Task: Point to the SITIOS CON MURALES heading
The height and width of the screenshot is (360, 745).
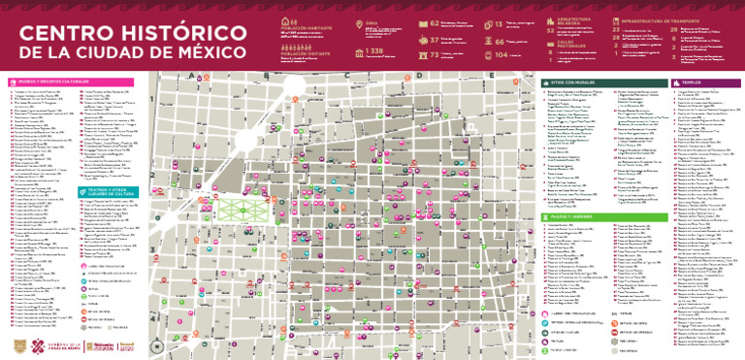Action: tap(567, 82)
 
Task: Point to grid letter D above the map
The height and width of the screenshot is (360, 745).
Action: tap(417, 74)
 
